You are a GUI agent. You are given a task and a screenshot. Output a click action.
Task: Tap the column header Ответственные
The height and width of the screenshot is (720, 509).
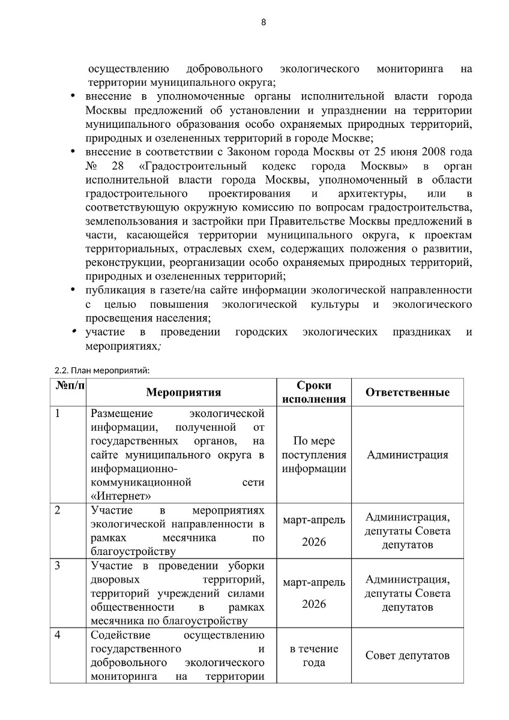[408, 392]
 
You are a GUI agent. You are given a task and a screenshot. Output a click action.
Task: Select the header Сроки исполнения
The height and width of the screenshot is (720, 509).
[313, 392]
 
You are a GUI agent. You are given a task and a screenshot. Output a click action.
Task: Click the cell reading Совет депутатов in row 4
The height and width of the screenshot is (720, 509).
[408, 655]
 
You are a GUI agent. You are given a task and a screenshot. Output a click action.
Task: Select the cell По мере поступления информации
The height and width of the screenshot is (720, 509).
[313, 455]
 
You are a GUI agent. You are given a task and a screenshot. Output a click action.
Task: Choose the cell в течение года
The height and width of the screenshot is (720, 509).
[313, 656]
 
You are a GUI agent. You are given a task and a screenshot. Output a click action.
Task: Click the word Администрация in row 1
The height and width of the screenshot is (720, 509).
[408, 455]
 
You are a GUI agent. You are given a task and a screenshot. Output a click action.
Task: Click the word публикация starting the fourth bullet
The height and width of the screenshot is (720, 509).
[113, 291]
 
